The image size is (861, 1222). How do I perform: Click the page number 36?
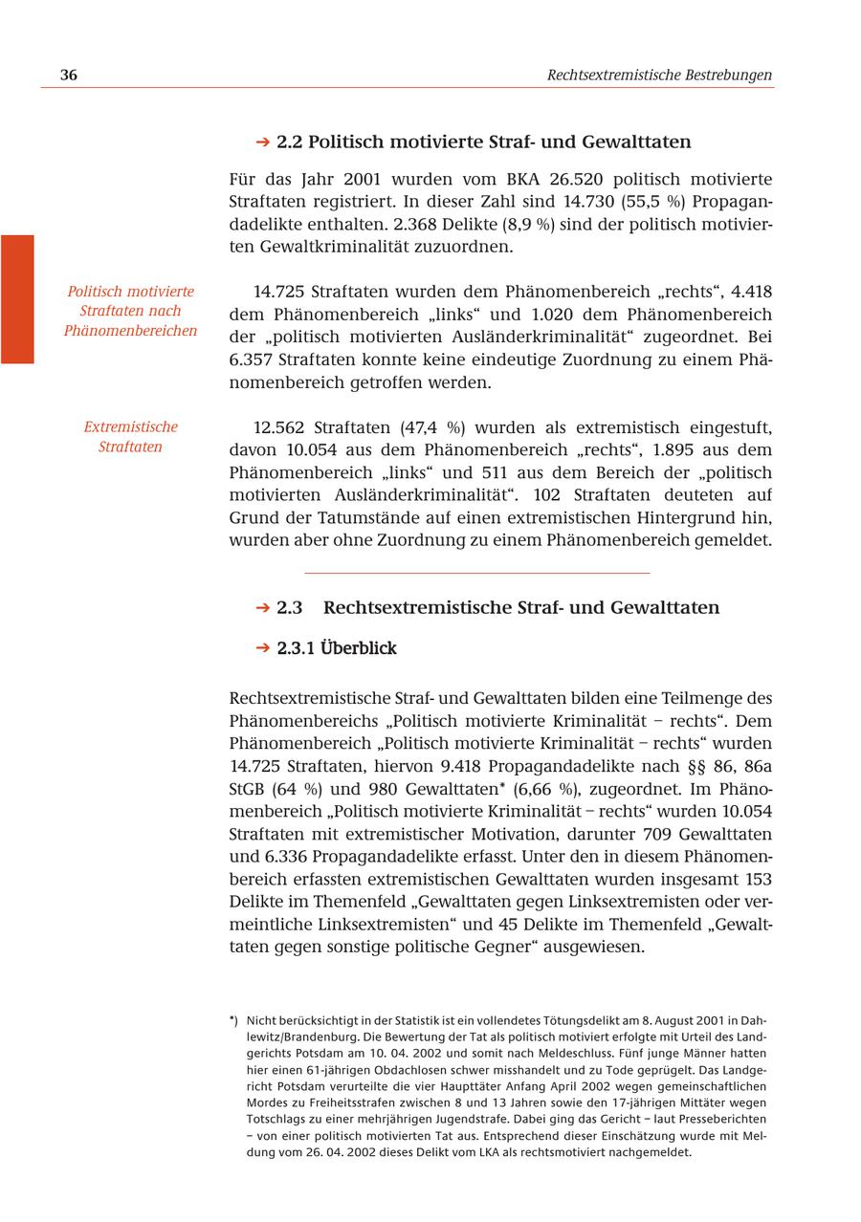pos(69,76)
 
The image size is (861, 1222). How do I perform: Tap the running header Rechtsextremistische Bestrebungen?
pos(659,76)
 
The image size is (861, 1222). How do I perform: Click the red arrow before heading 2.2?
pos(263,142)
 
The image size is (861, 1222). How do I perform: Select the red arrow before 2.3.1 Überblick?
pos(263,648)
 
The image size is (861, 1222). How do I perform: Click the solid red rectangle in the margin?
pos(17,299)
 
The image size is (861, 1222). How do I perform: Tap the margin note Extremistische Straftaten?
pos(130,437)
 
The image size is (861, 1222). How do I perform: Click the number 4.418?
pos(751,292)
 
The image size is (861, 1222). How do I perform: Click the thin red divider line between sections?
pos(476,573)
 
